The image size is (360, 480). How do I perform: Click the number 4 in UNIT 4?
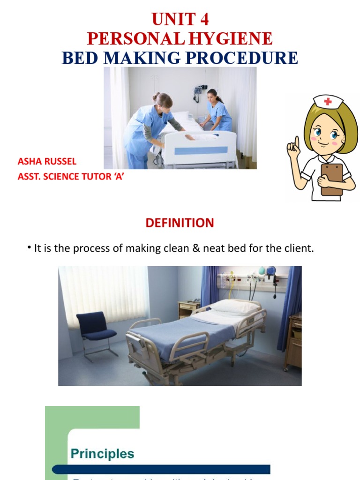click(x=203, y=20)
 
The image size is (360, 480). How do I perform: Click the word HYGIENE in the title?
click(x=235, y=38)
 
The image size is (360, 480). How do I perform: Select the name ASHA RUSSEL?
click(x=47, y=162)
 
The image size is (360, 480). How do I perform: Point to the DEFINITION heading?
click(x=180, y=223)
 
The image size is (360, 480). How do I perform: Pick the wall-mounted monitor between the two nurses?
click(x=199, y=90)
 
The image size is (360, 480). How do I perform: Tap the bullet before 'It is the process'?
click(x=30, y=247)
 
